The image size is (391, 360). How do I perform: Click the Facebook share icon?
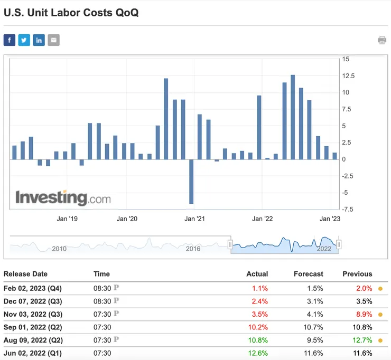click(x=10, y=40)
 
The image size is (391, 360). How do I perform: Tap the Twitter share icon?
click(x=24, y=40)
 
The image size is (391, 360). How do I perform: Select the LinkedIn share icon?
click(x=39, y=40)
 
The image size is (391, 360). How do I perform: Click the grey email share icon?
click(x=54, y=40)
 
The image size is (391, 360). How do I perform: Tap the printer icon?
click(x=382, y=40)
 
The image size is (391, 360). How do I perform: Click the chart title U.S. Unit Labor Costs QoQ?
click(x=71, y=13)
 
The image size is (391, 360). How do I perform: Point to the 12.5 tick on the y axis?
click(x=348, y=76)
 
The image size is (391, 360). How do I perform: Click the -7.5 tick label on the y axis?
click(x=348, y=209)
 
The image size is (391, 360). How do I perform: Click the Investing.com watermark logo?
click(x=63, y=198)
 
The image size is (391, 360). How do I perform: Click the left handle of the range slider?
click(x=230, y=244)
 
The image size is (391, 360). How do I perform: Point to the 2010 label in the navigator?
click(x=59, y=249)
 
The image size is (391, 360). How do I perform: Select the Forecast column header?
click(x=309, y=274)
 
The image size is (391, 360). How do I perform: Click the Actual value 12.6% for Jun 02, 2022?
click(x=258, y=353)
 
